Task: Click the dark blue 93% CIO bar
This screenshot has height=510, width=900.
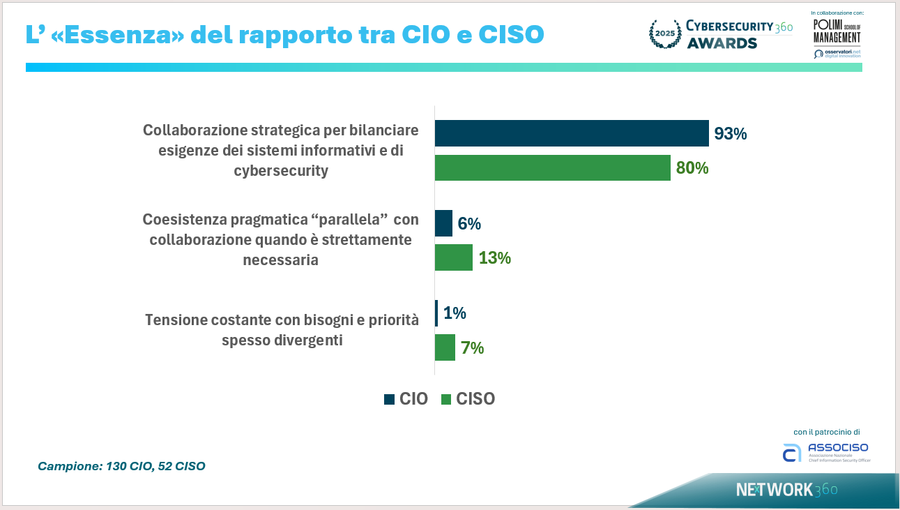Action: [572, 133]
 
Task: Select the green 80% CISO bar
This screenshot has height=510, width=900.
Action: [552, 168]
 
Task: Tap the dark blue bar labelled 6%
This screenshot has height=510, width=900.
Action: [443, 223]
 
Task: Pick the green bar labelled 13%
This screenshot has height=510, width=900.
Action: [453, 257]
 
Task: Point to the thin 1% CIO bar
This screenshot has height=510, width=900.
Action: [436, 313]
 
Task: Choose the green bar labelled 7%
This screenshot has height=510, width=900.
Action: [445, 347]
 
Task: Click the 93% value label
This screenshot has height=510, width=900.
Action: [731, 134]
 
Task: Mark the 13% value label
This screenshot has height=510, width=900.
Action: [495, 258]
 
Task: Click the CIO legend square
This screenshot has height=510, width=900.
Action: [389, 399]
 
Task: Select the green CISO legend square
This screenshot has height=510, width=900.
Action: [446, 399]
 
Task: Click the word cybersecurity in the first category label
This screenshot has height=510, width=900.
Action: [281, 170]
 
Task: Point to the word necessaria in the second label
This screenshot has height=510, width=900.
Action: [281, 260]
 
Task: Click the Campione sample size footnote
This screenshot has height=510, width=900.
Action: [121, 466]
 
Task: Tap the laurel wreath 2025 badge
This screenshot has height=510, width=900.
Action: [664, 34]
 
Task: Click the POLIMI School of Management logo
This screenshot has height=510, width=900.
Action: [837, 31]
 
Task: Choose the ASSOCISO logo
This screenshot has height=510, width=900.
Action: [827, 451]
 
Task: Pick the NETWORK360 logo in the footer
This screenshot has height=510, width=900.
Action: [786, 490]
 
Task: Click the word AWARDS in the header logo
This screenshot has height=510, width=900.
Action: [722, 43]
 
